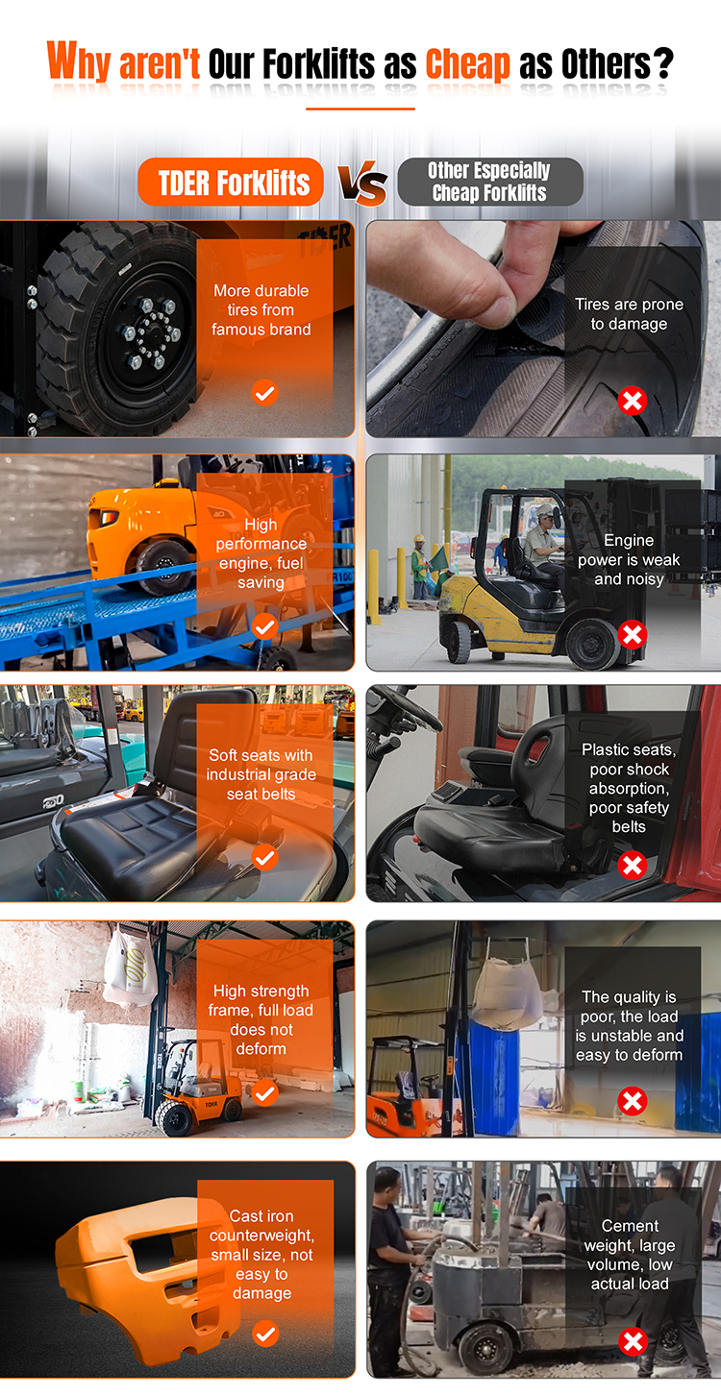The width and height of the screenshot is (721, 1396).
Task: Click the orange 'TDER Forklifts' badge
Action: tap(231, 182)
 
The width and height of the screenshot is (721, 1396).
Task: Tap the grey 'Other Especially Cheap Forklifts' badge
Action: tap(490, 182)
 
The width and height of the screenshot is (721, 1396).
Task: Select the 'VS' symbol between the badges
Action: tap(362, 183)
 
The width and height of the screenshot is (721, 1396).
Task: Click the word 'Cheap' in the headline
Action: tap(468, 64)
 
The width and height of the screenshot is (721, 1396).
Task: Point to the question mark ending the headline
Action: tap(664, 63)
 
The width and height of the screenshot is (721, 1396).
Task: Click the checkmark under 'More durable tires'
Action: tap(265, 393)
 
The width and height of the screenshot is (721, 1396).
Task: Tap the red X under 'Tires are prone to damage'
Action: tap(632, 401)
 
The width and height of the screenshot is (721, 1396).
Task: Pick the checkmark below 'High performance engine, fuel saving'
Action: tap(265, 626)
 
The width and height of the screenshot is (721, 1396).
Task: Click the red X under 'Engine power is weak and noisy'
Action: tap(632, 634)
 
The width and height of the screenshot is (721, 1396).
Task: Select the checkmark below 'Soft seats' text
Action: tap(265, 858)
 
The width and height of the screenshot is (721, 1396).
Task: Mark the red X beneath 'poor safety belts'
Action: tap(632, 865)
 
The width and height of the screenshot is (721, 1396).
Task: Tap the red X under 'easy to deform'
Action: tap(632, 1101)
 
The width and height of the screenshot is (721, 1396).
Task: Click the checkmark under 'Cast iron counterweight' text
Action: tap(265, 1334)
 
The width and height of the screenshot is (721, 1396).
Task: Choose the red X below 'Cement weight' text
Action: tap(633, 1341)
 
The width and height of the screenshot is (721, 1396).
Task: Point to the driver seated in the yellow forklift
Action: tap(542, 542)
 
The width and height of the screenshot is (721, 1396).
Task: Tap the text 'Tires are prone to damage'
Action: tap(629, 314)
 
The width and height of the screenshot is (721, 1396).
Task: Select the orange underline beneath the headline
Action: tap(360, 110)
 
